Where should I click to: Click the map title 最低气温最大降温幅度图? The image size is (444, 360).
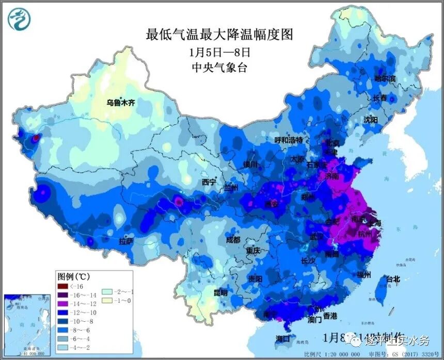(219, 35)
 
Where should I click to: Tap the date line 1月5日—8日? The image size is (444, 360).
(220, 52)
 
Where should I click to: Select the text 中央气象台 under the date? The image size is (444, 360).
(219, 68)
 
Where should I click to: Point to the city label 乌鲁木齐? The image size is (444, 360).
(120, 103)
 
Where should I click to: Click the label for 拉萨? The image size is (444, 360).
(126, 241)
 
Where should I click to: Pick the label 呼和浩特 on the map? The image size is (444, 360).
(288, 140)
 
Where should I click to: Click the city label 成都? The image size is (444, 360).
(233, 240)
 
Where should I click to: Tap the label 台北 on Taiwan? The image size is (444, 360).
(393, 279)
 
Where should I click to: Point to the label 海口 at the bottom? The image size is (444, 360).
(283, 339)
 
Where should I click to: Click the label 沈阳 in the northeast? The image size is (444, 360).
(371, 119)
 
